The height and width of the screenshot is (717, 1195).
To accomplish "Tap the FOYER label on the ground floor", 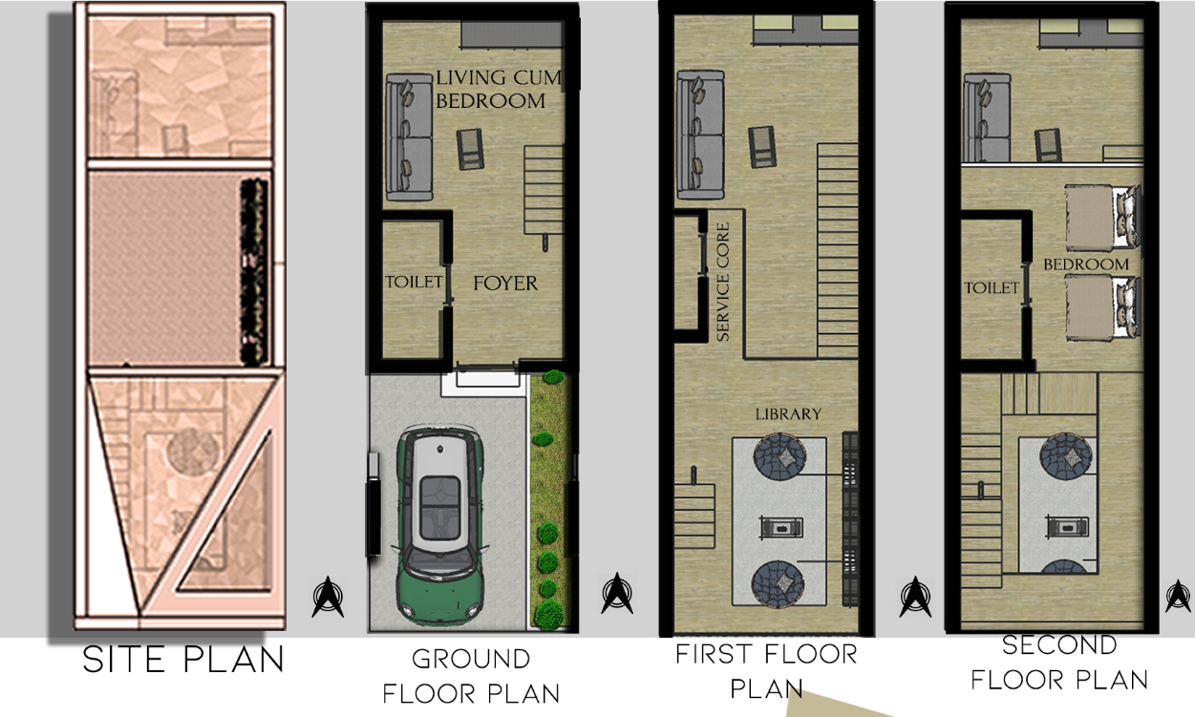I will click(505, 284).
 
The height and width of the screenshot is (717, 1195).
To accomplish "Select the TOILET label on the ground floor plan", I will click(414, 282).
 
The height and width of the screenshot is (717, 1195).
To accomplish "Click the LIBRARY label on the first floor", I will click(788, 414).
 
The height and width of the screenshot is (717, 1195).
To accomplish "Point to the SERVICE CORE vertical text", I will click(723, 283).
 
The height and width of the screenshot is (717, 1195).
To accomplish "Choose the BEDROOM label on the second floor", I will click(1085, 264).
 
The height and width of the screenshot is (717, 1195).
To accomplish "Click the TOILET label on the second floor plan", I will click(992, 287).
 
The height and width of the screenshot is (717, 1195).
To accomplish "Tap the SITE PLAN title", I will click(183, 660).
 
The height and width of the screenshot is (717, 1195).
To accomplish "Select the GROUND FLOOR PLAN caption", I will click(471, 675).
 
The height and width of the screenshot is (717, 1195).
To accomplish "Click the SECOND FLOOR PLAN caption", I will click(1059, 663).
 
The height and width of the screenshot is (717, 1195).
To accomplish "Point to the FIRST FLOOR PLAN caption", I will click(766, 671).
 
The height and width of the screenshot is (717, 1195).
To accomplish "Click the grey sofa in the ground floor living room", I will click(409, 137).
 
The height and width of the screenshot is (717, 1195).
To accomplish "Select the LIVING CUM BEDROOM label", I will click(497, 89).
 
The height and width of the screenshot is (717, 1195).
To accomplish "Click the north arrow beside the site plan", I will click(329, 597).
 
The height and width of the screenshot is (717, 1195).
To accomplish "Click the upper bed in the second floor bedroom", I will click(1101, 216).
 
